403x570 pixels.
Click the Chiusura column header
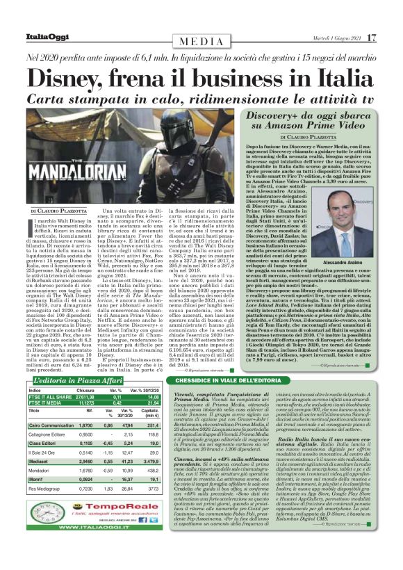click(85, 390)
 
